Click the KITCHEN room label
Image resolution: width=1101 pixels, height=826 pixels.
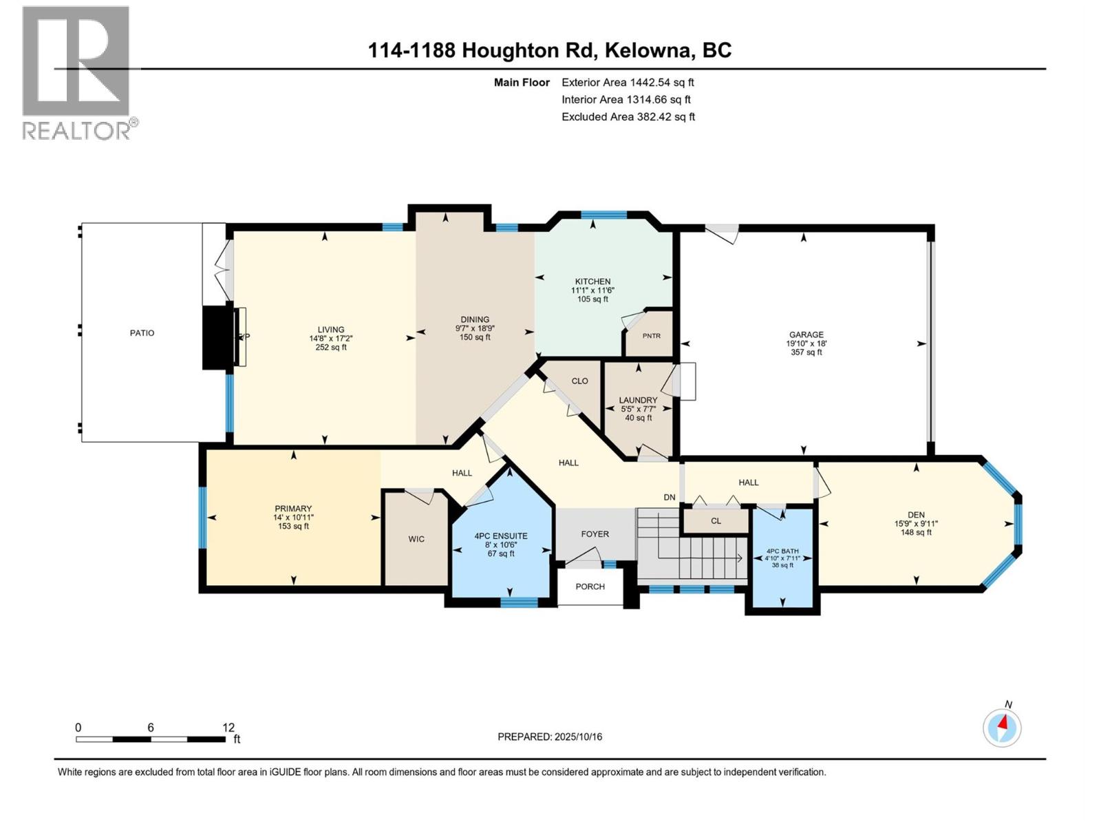592,282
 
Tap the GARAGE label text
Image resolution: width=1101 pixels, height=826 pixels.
806,335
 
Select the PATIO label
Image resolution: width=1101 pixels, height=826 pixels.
142,333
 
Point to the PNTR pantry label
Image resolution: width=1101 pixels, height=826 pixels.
651,337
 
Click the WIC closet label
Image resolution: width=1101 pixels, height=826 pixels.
416,539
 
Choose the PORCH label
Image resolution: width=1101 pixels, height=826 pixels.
590,586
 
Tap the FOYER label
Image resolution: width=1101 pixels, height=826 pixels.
595,534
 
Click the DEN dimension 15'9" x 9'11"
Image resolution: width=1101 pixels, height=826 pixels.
916,523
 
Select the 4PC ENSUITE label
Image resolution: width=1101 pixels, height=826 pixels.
501,536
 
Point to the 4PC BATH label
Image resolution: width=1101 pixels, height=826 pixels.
782,551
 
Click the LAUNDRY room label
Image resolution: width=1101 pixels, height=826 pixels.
638,400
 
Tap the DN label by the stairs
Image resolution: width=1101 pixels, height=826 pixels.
670,497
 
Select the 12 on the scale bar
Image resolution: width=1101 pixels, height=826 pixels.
228,728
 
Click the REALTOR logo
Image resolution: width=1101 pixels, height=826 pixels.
77,72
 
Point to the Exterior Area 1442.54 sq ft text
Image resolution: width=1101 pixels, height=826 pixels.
628,83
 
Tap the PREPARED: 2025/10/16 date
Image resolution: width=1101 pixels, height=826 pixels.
550,737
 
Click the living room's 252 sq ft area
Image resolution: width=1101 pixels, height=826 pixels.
331,348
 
